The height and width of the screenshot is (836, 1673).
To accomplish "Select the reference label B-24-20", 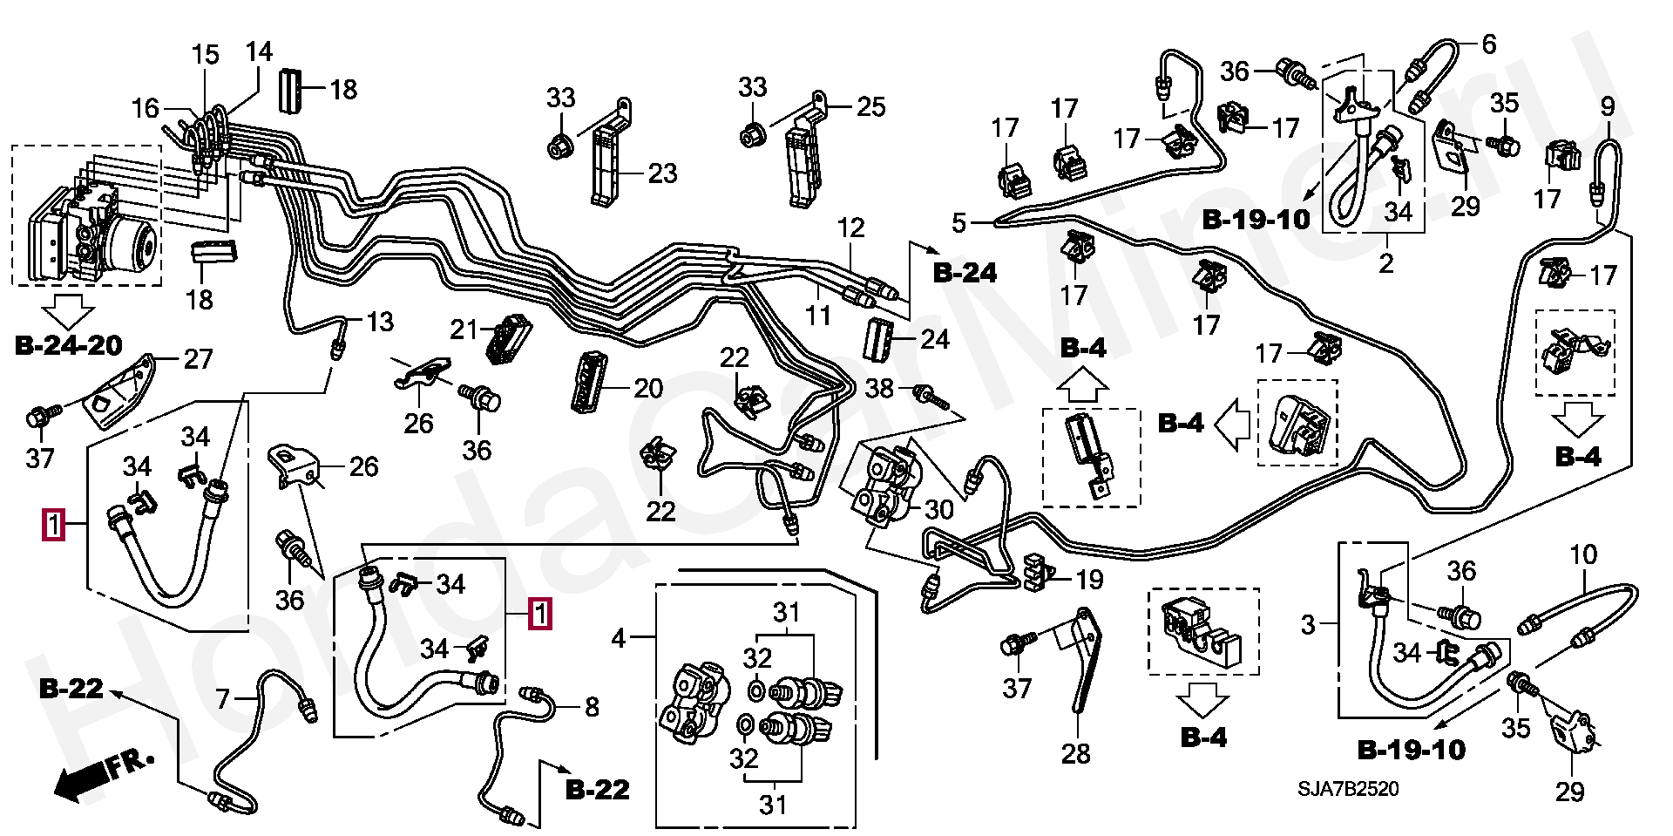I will [x=69, y=345].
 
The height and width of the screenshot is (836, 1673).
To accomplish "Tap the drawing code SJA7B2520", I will [x=1348, y=789].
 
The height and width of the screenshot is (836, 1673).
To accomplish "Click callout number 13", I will [x=380, y=322].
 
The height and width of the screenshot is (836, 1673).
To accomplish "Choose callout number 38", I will [x=879, y=388].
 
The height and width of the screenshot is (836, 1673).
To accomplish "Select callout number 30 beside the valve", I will [x=938, y=509].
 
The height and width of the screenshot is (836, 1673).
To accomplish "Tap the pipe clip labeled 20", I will [x=586, y=381].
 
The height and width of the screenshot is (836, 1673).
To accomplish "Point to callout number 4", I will [x=619, y=638].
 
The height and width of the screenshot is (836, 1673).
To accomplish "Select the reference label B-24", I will [x=965, y=273].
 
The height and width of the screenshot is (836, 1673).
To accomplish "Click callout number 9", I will [x=1608, y=106].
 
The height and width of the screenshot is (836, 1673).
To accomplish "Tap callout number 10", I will [x=1583, y=554].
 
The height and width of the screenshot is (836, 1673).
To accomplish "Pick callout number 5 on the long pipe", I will [x=959, y=223].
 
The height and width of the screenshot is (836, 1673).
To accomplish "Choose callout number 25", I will [x=870, y=107].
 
